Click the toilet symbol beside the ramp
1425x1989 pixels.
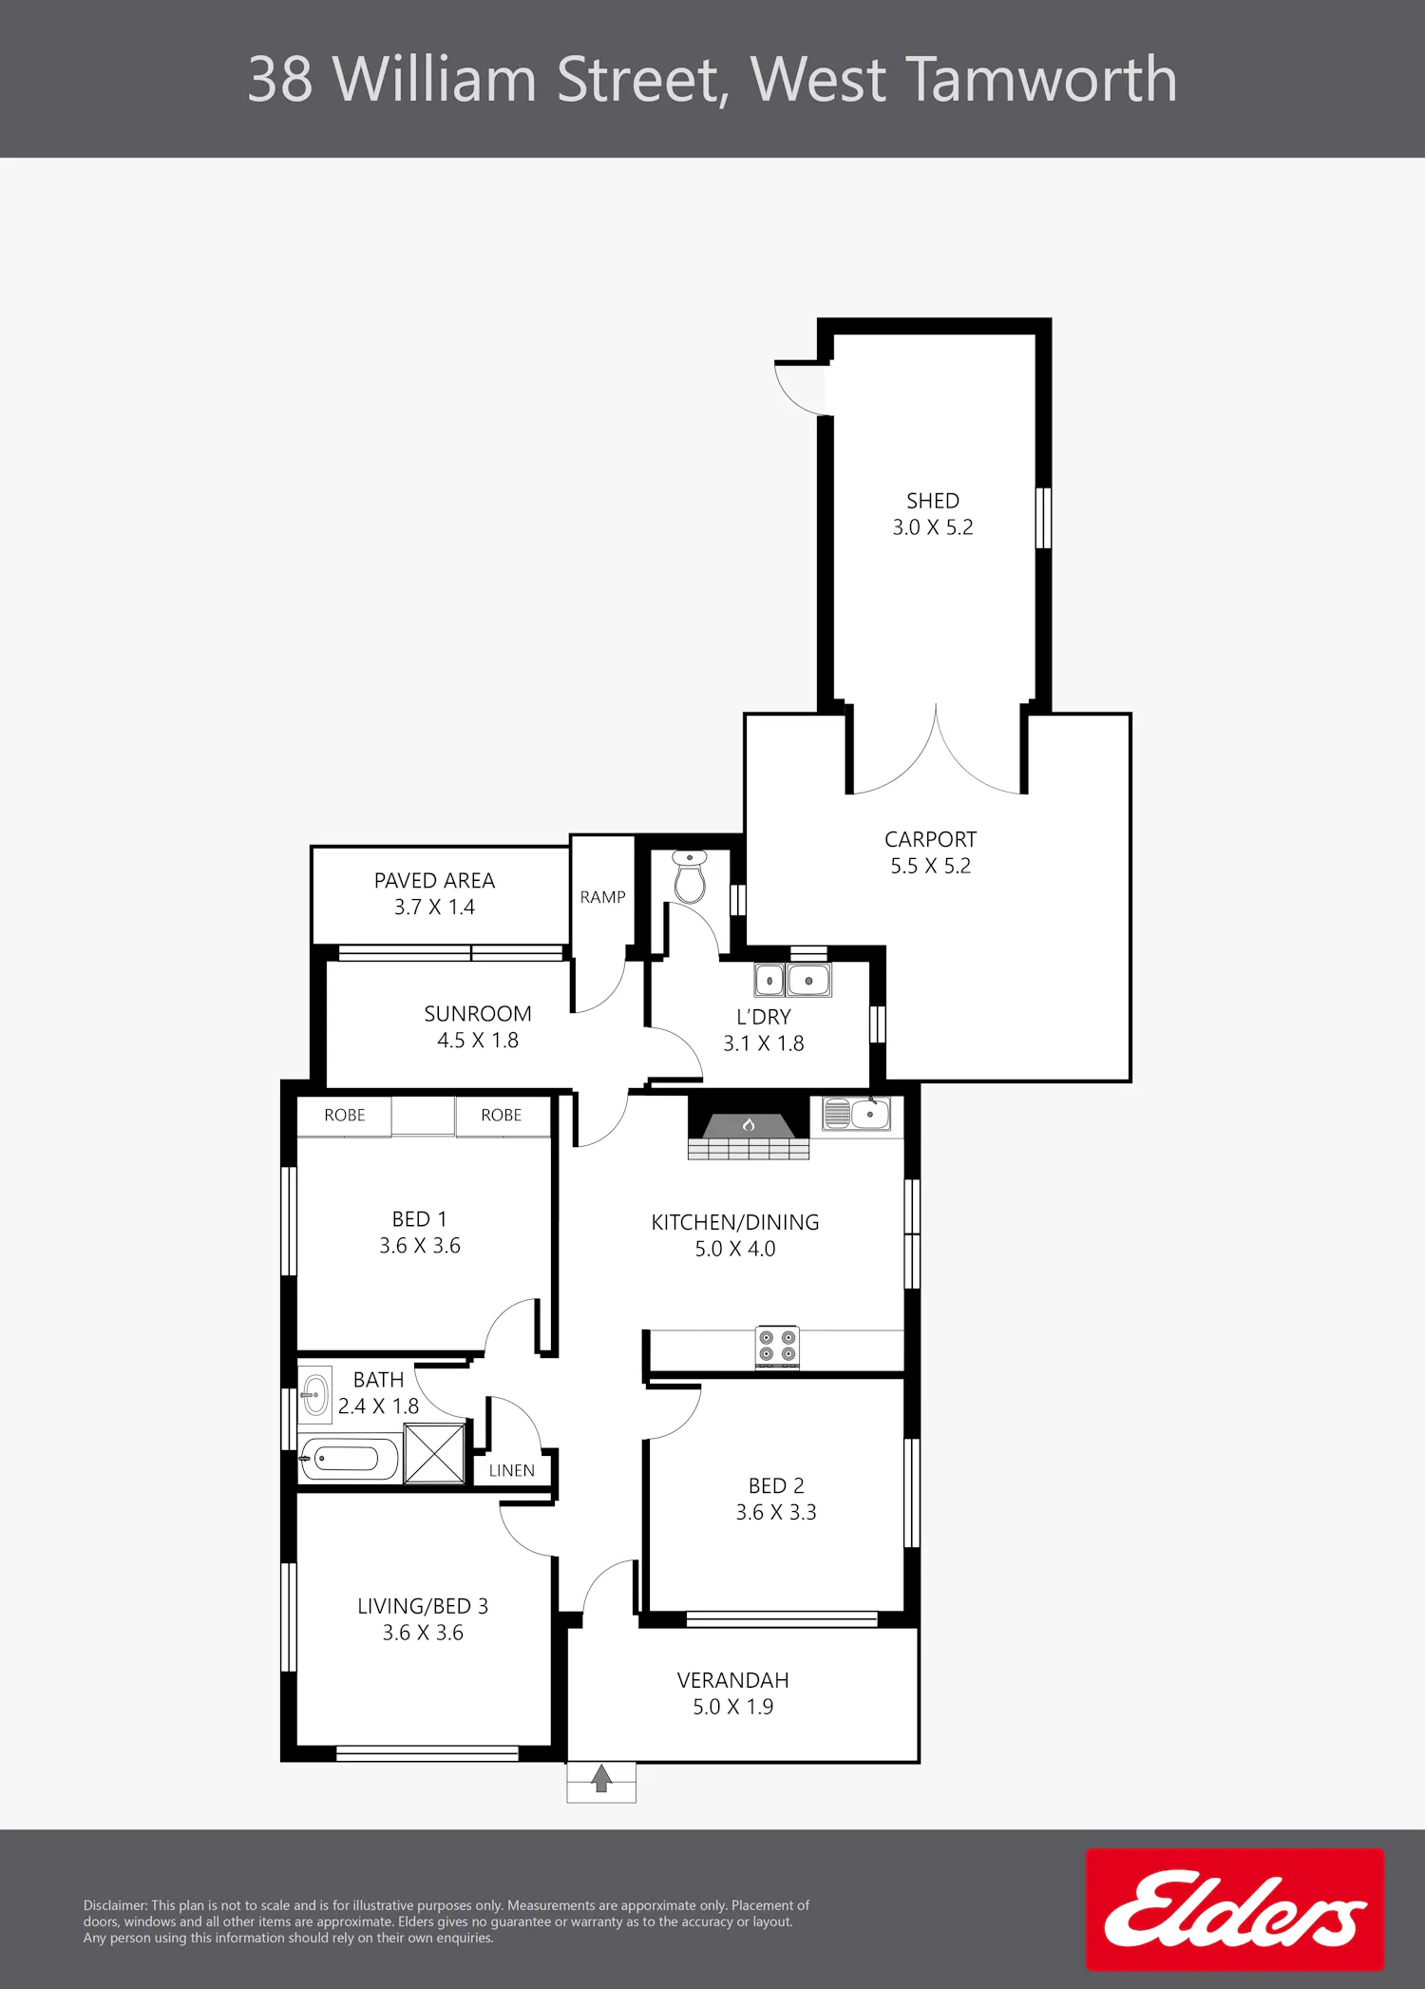click(x=690, y=876)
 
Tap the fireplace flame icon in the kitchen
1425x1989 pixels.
click(x=749, y=1125)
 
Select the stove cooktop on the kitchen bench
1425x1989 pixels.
click(x=777, y=1347)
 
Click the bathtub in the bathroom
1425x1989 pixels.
click(x=349, y=1459)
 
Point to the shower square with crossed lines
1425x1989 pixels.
click(x=435, y=1453)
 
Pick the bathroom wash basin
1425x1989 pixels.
click(x=315, y=1395)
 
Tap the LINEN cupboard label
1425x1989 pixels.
click(x=512, y=1470)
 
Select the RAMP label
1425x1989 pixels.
click(x=603, y=897)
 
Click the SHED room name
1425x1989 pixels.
click(x=933, y=501)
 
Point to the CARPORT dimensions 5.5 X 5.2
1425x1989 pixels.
click(x=931, y=866)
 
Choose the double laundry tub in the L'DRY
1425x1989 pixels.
click(x=792, y=980)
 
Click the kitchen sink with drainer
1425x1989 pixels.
click(x=856, y=1113)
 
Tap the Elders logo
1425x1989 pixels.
click(x=1235, y=1908)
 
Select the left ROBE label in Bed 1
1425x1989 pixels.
click(x=345, y=1116)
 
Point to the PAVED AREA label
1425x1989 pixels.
click(x=434, y=881)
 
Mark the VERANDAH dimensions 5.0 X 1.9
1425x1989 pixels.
click(x=733, y=1707)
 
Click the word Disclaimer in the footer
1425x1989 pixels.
click(x=115, y=1905)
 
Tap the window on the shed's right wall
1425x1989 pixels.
click(x=1043, y=518)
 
